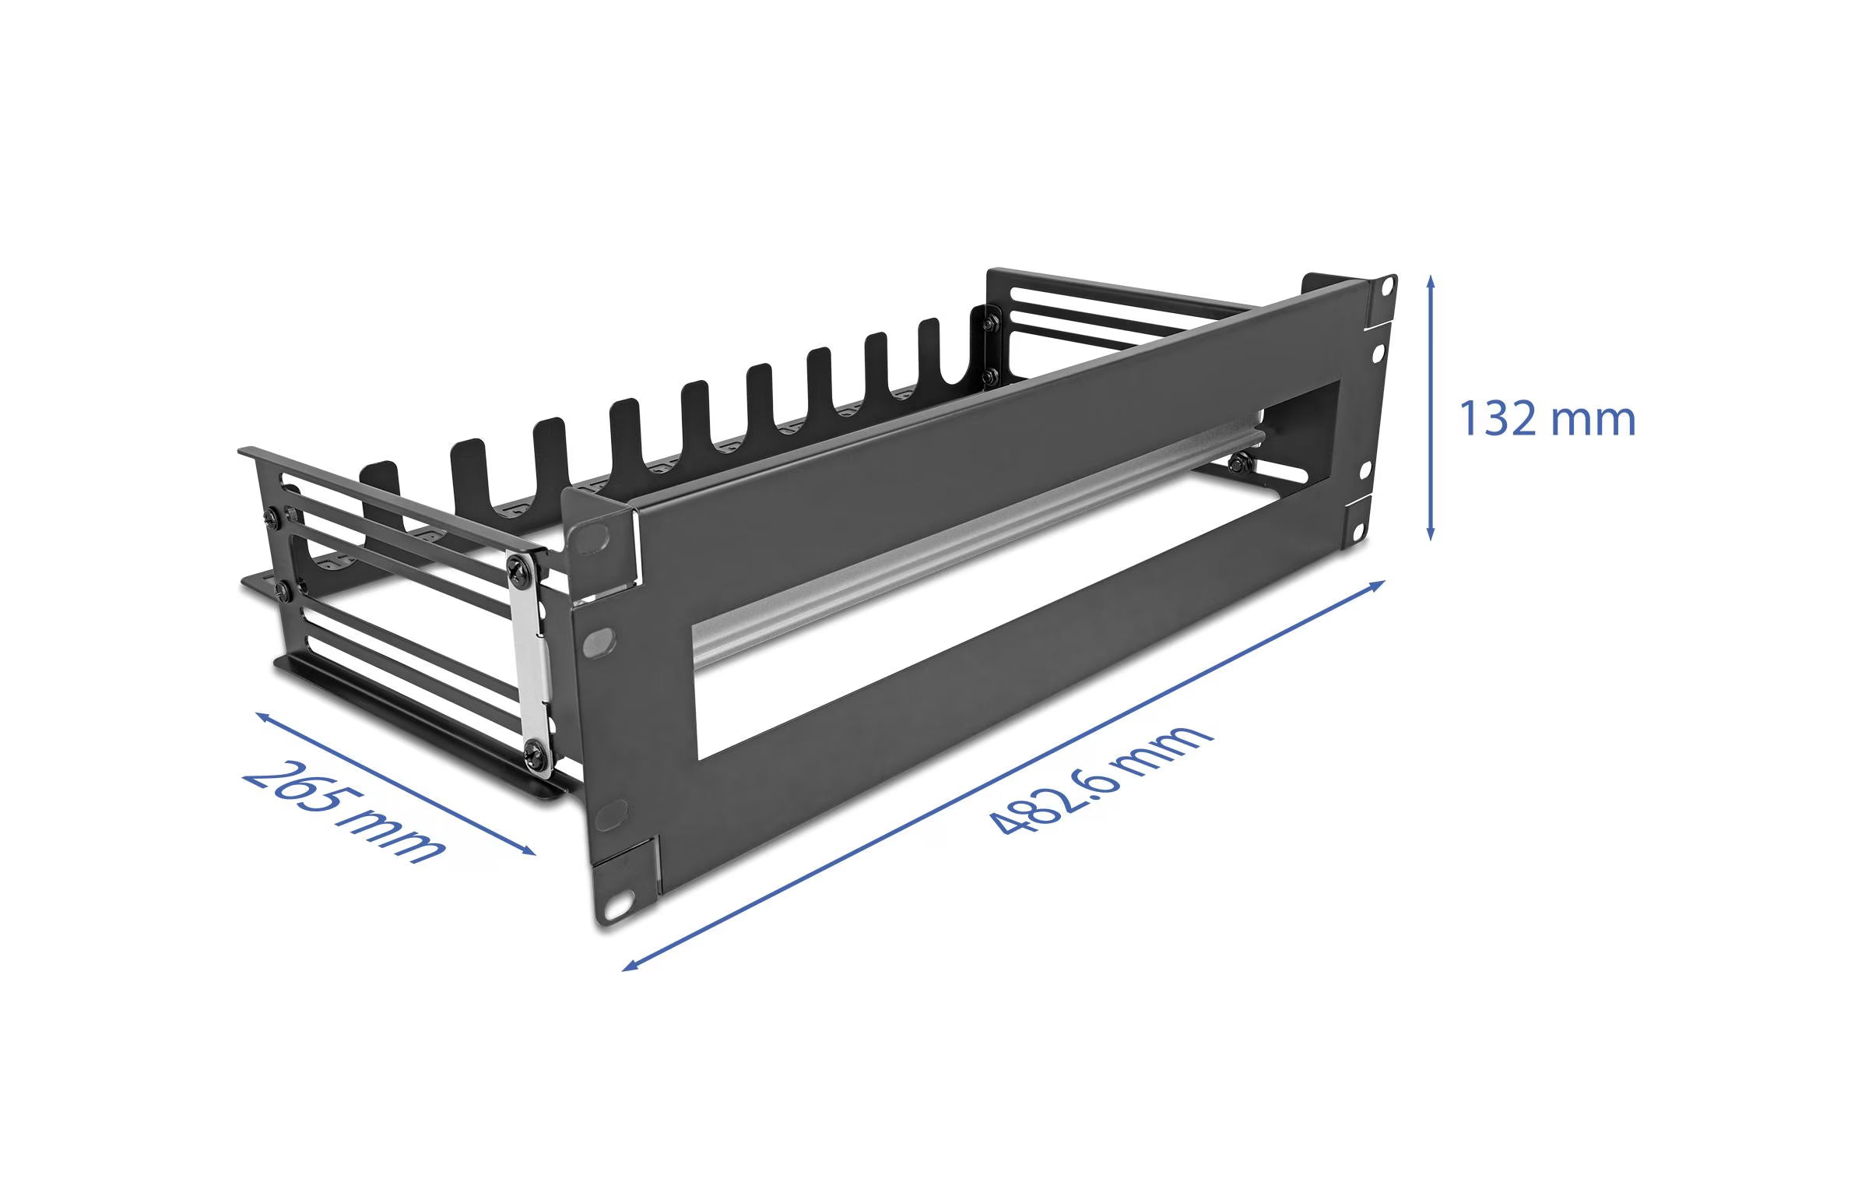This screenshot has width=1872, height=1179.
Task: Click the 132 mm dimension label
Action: point(1546,419)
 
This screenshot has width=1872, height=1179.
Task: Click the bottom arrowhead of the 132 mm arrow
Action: point(1430,533)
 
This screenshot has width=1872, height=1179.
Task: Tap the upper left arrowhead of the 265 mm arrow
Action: point(263,717)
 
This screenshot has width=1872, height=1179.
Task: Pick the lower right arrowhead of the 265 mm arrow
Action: point(529,851)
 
